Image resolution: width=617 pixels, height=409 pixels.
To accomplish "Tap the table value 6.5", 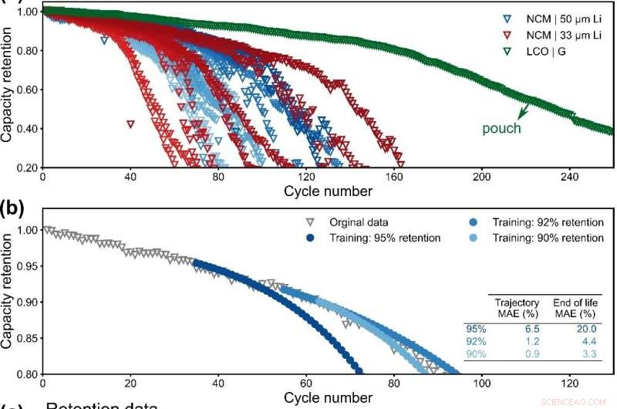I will pyautogui.click(x=528, y=328).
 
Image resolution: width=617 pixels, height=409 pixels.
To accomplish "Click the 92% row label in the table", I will pyautogui.click(x=474, y=340).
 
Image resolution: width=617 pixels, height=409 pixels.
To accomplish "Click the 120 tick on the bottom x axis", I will pyautogui.click(x=570, y=382).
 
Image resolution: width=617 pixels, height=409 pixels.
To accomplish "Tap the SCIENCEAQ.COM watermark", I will pyautogui.click(x=579, y=401).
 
